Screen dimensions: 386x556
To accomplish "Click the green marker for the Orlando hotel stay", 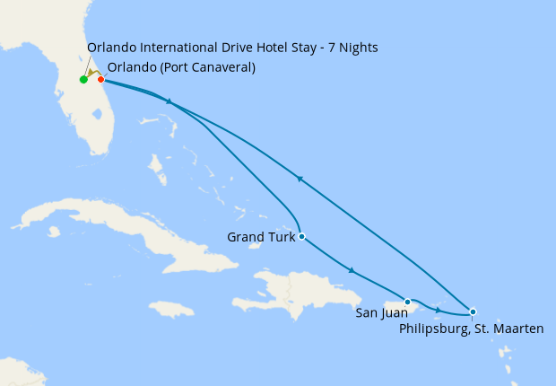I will click(x=83, y=80).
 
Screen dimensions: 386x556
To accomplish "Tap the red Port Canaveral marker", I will click(x=100, y=79).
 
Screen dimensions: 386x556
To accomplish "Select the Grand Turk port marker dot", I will click(x=301, y=237).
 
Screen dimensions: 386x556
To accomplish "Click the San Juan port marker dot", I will click(x=407, y=302).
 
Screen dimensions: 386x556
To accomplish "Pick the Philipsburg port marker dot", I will click(x=473, y=311).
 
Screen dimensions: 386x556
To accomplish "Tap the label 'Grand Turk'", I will click(x=260, y=238).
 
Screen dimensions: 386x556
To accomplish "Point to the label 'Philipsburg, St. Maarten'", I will click(x=471, y=329).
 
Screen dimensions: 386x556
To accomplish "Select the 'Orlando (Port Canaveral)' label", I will click(x=181, y=67).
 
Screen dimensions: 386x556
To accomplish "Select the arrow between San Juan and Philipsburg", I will click(x=438, y=310).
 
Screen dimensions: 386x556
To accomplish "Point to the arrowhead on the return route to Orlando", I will click(x=300, y=180).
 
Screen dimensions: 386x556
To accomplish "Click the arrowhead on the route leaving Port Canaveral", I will click(x=168, y=102).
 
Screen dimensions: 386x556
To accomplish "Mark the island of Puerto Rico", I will click(x=395, y=307).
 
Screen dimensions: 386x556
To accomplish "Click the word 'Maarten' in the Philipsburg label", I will click(x=517, y=329).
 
